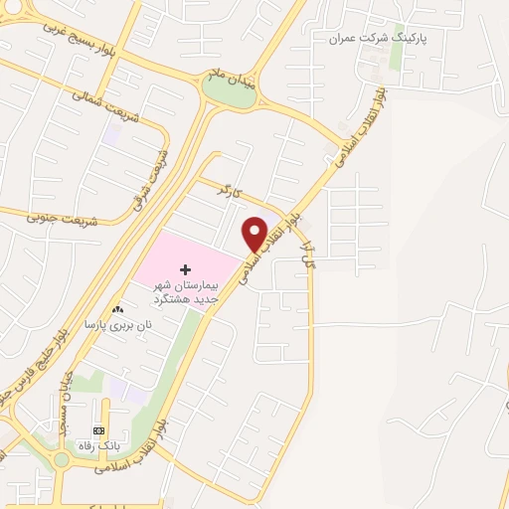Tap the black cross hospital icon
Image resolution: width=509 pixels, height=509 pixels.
tap(185, 269)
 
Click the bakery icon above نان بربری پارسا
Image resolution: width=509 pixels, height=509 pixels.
tap(118, 310)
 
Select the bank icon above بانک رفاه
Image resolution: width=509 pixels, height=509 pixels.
tap(98, 429)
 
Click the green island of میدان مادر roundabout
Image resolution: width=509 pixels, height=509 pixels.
tap(229, 91)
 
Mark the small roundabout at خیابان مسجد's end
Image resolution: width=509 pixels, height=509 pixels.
tap(62, 459)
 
